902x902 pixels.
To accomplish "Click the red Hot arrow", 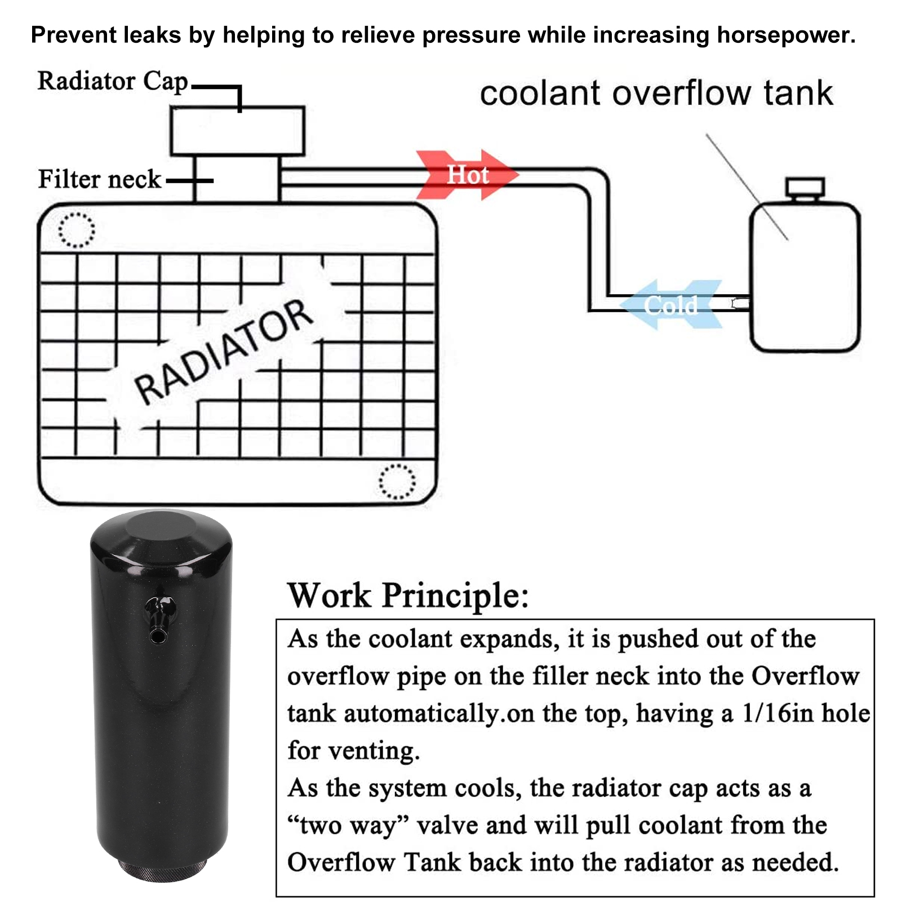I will [467, 175].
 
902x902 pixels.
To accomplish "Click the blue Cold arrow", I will [670, 305].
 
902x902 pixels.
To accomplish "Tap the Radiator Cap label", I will [112, 81].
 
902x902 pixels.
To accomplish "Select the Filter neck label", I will [99, 180].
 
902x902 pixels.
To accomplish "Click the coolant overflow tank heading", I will [656, 94].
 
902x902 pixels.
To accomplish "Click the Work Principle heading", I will [408, 596].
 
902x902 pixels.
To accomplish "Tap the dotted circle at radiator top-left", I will [77, 230].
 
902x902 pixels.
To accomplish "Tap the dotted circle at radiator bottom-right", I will [397, 482].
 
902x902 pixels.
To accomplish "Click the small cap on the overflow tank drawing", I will [805, 188].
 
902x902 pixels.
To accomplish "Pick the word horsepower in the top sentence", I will [785, 35].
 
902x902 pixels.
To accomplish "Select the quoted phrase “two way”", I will [348, 826].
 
